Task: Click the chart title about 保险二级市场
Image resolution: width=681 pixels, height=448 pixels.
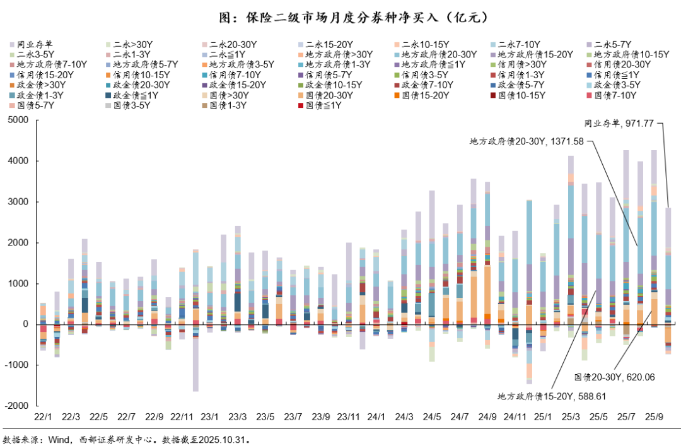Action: coord(340,16)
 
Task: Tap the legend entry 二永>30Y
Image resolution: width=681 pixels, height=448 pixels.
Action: coord(133,45)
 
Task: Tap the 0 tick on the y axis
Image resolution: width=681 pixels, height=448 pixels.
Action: coord(25,324)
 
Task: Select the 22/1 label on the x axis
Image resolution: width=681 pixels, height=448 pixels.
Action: coord(44,417)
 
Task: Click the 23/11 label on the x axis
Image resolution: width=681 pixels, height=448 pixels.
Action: coord(349,417)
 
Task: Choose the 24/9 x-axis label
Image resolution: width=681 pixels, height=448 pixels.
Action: coord(487,417)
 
